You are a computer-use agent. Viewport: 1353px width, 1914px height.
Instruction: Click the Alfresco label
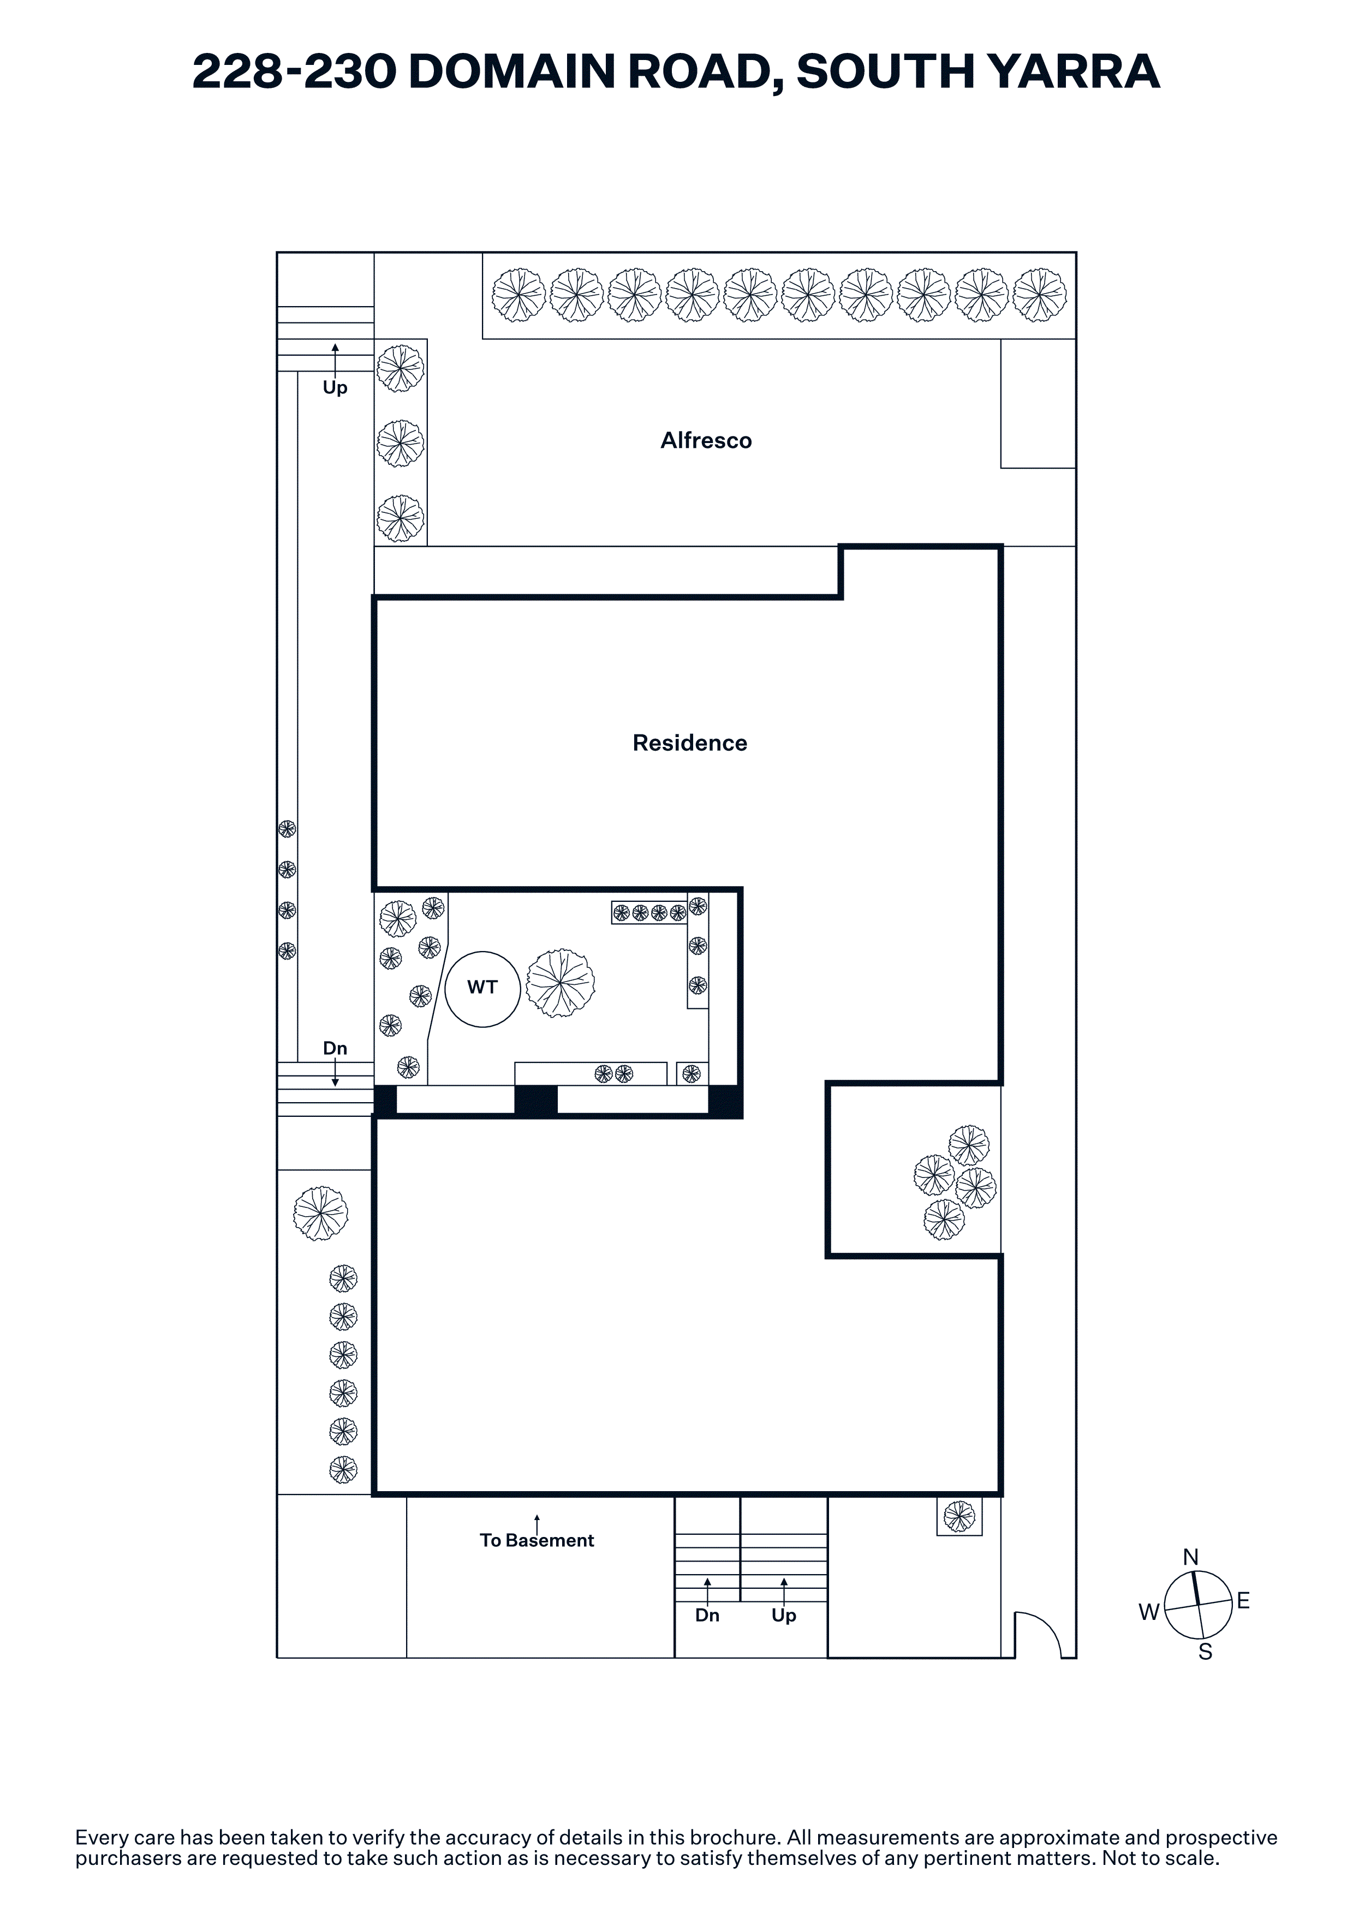point(706,440)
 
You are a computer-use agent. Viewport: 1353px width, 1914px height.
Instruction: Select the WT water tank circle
point(482,989)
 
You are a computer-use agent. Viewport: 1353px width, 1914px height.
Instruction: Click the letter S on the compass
point(1206,1652)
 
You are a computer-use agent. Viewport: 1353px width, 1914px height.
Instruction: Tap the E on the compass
point(1243,1601)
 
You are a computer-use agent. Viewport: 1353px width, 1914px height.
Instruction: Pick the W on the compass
point(1149,1612)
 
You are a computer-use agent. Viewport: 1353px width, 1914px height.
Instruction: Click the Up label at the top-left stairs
point(335,387)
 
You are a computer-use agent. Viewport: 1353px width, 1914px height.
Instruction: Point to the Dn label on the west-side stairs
point(335,1048)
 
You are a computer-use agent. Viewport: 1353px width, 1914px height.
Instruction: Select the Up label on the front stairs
point(784,1616)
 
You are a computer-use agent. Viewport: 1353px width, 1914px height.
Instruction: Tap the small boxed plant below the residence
point(959,1516)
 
